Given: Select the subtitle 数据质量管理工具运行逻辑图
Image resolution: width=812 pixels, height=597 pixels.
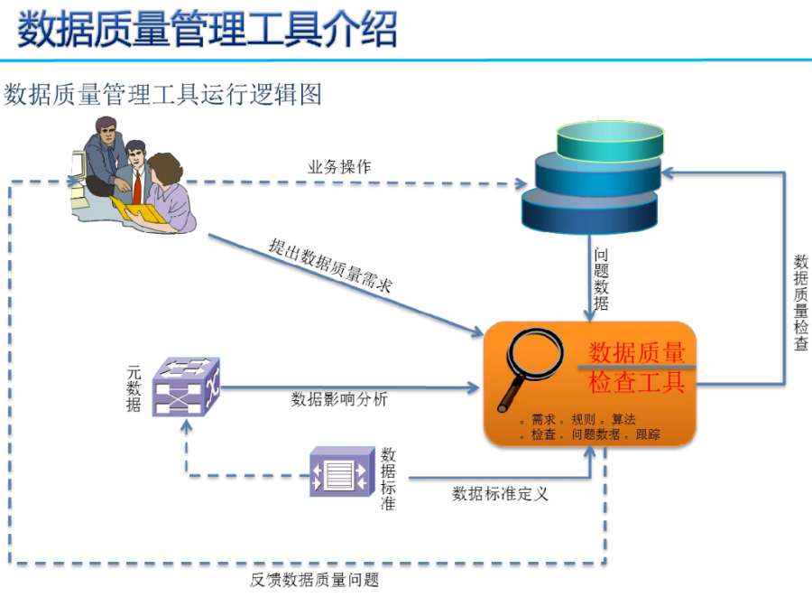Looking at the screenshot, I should tap(163, 94).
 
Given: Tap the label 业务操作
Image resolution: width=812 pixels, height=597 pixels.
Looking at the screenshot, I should tap(339, 167).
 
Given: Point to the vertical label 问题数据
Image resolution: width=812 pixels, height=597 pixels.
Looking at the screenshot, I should tap(601, 279).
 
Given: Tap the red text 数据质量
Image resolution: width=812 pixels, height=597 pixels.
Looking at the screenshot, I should tap(637, 352).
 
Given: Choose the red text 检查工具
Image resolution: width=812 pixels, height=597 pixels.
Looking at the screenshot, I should tap(637, 383).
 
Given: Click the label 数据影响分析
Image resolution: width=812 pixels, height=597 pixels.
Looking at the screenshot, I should tap(339, 399).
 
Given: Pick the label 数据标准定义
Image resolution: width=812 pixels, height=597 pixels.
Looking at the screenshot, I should tap(500, 493).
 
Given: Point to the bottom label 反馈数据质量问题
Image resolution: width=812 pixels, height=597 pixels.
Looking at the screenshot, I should tap(315, 580).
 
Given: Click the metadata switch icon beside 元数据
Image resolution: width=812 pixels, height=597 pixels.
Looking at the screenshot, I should tap(186, 386).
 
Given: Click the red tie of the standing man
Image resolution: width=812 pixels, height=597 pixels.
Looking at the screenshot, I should tap(137, 184).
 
